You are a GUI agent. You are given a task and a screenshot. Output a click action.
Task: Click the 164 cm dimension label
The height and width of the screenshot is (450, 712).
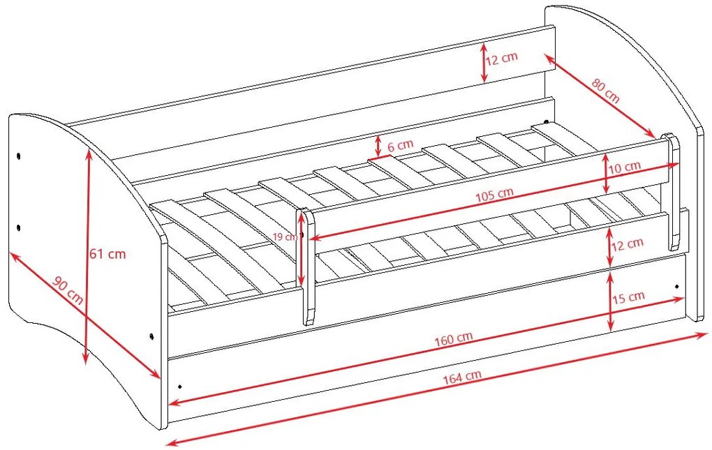(462, 377)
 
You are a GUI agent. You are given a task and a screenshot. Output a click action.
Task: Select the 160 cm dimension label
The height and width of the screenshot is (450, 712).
(454, 339)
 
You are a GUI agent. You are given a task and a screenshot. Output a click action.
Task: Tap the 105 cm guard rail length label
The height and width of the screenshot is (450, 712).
(494, 195)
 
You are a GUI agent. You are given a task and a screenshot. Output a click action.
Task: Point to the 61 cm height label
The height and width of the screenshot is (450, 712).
(107, 253)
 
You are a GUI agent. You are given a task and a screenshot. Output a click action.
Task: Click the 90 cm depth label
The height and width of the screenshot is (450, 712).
(68, 290)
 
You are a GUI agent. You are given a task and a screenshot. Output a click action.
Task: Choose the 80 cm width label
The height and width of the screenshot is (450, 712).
(605, 90)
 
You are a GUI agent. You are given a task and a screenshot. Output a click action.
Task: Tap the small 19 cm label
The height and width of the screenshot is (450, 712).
(285, 237)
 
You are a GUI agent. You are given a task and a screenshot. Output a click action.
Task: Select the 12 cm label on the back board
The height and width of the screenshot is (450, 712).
(502, 59)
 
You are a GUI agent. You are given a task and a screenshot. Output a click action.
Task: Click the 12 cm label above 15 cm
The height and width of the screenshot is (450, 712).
(627, 244)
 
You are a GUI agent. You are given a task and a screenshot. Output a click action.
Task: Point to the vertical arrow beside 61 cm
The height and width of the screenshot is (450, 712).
(87, 257)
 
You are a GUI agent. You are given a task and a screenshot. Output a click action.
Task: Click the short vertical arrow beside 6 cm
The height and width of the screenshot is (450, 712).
(378, 146)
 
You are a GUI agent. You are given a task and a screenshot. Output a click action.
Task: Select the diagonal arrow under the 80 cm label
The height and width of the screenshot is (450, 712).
(600, 96)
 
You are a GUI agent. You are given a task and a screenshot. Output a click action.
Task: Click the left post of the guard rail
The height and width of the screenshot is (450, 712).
(308, 267)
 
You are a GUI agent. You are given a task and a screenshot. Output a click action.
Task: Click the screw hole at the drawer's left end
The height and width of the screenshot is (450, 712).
(180, 386)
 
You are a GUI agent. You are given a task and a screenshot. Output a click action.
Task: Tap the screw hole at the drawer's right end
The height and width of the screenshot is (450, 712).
(676, 286)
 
